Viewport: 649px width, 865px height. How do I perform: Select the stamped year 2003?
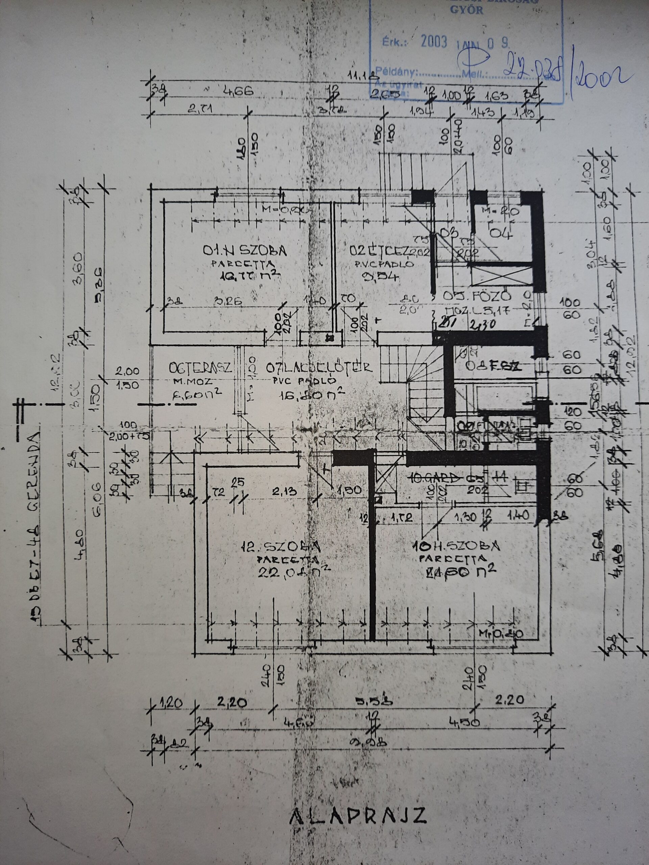[433, 43]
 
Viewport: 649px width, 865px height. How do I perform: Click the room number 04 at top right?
[502, 233]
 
